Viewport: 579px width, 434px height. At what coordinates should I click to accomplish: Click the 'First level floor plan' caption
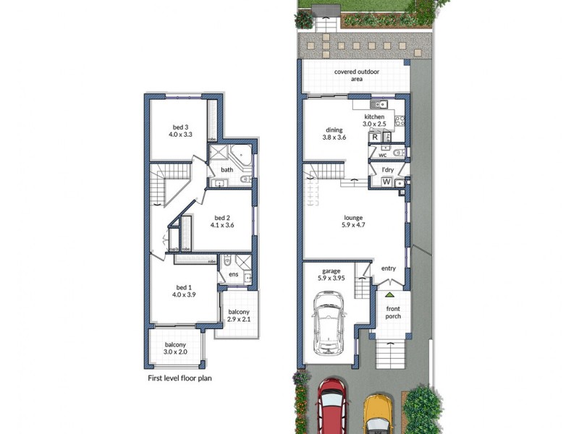point(179,378)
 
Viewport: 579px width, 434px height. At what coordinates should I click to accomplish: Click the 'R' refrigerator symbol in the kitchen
point(375,137)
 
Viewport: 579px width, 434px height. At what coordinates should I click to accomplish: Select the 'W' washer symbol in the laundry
point(386,182)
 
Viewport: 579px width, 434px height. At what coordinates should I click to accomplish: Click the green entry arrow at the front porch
point(389,295)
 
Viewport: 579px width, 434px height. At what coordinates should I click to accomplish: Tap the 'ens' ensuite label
point(234,274)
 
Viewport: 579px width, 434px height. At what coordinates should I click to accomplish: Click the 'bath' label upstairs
point(227,170)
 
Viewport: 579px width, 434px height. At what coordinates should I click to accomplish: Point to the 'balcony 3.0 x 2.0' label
point(175,349)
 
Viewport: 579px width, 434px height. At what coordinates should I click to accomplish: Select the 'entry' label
point(389,268)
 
